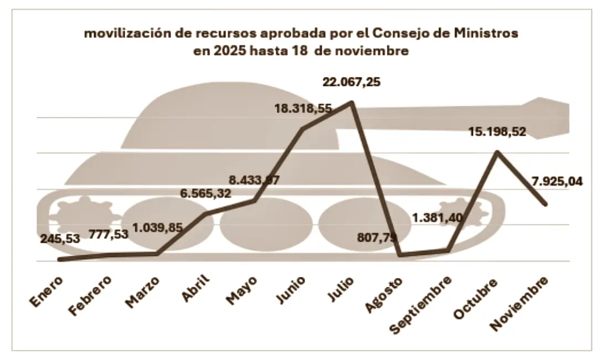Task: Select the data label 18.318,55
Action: (x=303, y=109)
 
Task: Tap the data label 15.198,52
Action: (x=497, y=132)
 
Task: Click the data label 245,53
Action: (x=60, y=239)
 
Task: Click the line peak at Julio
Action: (x=351, y=102)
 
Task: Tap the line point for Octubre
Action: (x=498, y=151)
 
